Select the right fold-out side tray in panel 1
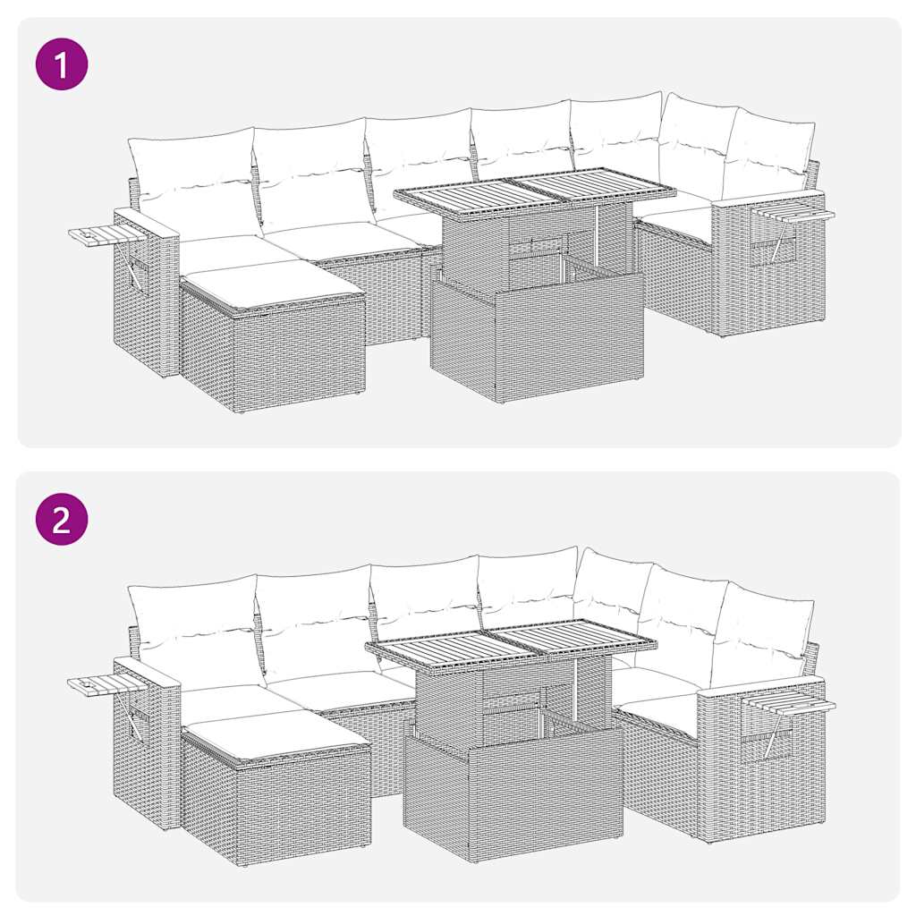click(793, 213)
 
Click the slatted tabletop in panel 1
click(534, 191)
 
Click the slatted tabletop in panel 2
click(511, 641)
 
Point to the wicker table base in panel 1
click(537, 340)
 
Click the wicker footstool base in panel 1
click(273, 353)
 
